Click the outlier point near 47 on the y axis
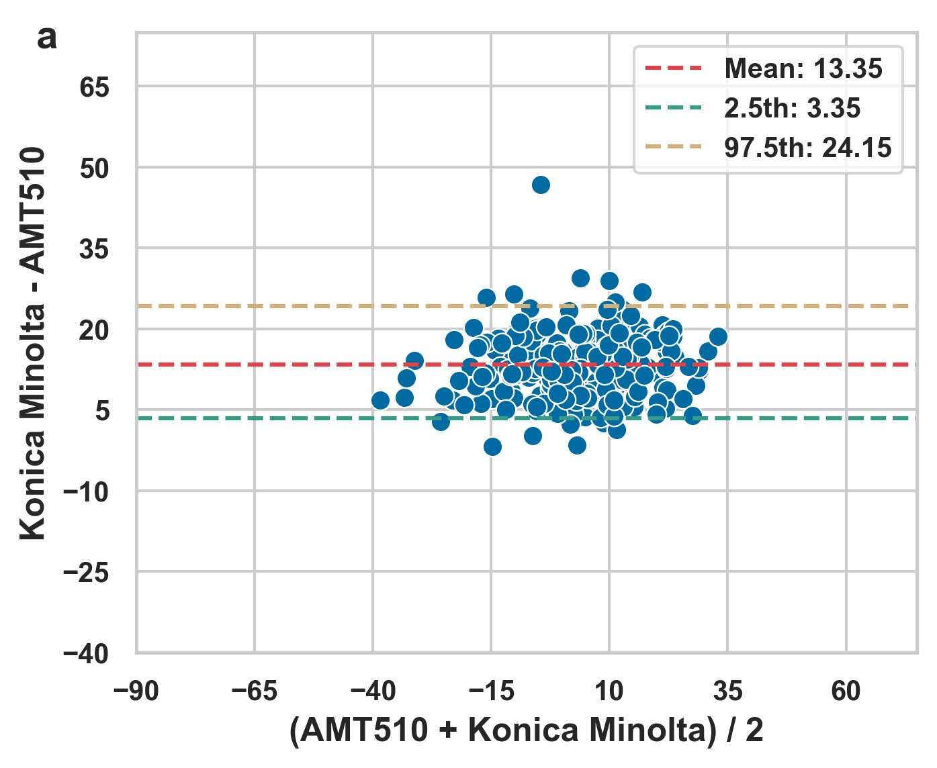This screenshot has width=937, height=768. tap(541, 185)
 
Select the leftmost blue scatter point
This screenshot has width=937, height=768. tap(380, 400)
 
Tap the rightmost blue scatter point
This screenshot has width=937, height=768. tap(718, 336)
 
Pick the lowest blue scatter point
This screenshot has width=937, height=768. tap(492, 446)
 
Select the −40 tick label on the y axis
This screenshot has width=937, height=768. tap(85, 654)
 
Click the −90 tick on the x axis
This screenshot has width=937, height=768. tap(136, 691)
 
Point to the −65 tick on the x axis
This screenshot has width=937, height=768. tap(255, 691)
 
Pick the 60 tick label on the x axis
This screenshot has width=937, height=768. tap(846, 691)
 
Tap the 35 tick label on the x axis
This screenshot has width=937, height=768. tap(727, 691)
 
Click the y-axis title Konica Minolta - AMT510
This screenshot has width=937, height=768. tap(32, 342)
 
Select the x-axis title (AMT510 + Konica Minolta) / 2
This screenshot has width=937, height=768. tap(527, 730)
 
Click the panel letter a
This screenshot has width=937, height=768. tap(47, 38)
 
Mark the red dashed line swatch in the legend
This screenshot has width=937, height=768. tap(673, 68)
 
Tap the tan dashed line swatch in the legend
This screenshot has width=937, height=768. tap(673, 147)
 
